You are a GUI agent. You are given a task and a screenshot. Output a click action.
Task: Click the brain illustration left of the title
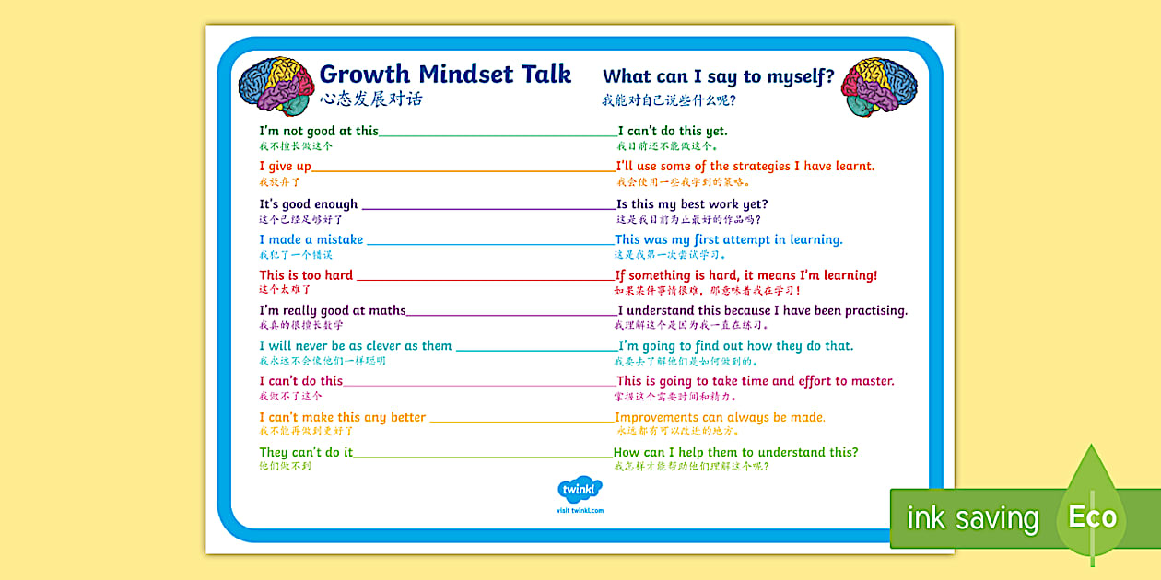click(x=276, y=87)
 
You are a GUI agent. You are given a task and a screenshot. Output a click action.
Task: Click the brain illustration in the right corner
click(x=878, y=87)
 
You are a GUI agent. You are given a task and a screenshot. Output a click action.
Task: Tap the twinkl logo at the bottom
click(x=580, y=491)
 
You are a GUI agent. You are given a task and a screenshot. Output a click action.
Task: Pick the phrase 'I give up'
click(x=285, y=167)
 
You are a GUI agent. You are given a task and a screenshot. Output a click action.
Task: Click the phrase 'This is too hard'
click(x=306, y=275)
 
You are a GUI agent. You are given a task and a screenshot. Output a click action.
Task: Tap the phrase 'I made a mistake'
click(x=311, y=239)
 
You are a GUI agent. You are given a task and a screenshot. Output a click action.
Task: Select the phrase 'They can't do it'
click(x=305, y=452)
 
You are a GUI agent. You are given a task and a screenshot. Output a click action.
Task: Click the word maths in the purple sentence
click(x=387, y=310)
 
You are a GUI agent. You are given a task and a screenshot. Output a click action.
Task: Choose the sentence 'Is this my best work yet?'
click(x=692, y=203)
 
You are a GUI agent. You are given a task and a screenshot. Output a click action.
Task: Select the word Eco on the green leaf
click(x=1092, y=516)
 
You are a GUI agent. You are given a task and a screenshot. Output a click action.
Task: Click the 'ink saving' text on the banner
click(x=972, y=518)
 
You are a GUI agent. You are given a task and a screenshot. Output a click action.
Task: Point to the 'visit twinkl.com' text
click(x=580, y=510)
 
